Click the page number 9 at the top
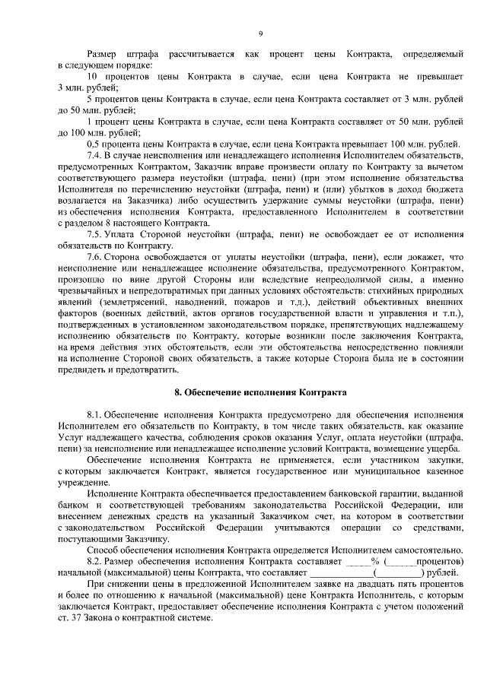260,33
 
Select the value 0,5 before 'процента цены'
95,144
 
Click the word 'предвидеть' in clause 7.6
83,369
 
